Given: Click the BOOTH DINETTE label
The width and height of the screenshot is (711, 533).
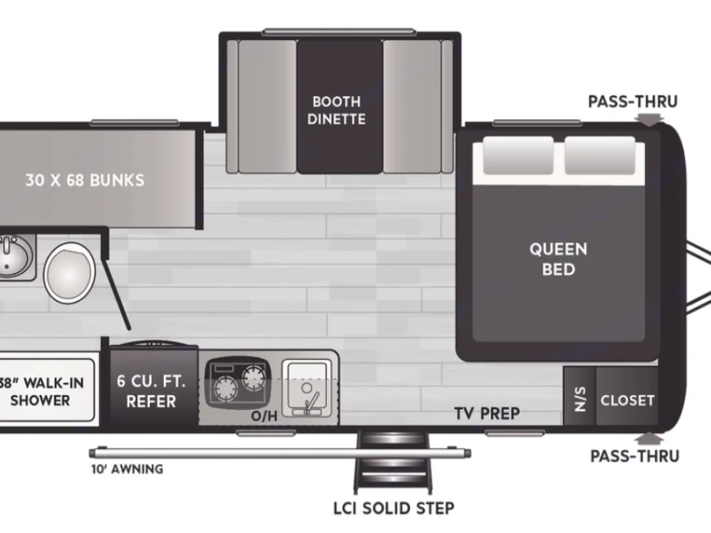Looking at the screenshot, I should pos(337,110).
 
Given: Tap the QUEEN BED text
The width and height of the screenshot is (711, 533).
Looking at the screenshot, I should pos(558,258).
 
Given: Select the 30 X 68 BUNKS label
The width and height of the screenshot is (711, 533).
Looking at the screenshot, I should pos(84,180).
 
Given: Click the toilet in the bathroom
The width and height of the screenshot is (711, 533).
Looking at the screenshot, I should pos(67,269).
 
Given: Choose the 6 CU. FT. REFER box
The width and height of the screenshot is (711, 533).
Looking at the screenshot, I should pos(151,390).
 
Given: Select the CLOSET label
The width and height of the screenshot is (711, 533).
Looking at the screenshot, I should pos(627,401).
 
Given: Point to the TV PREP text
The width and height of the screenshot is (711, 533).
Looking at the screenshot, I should pos(486,413).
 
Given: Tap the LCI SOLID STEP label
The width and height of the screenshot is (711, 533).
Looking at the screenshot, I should pos(394,508).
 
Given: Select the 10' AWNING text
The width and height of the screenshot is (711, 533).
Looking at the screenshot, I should pos(127,469).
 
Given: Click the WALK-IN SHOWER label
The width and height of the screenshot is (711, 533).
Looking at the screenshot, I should pos(41,391).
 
